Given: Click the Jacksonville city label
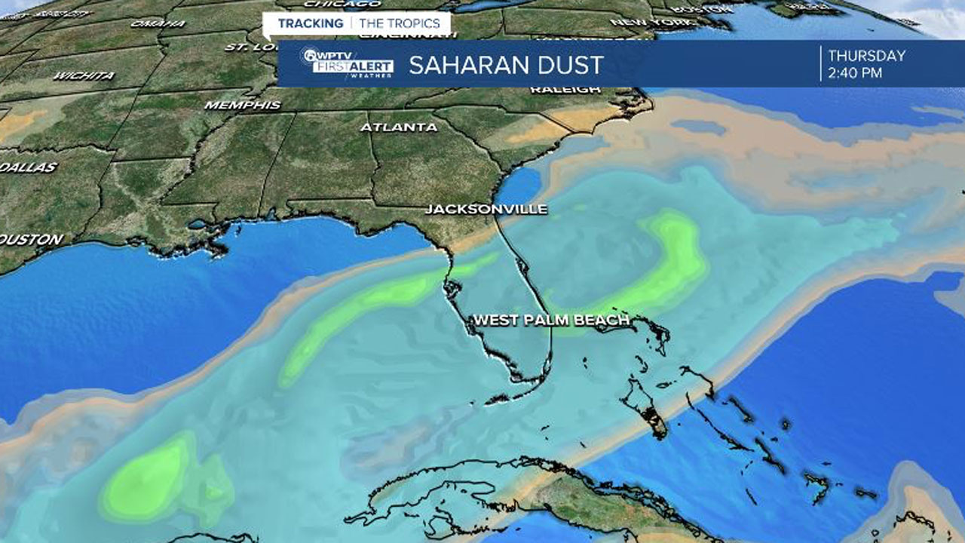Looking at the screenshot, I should coord(486,209).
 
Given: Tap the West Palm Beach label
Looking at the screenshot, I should coord(550,321).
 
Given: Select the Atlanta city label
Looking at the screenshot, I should coord(399,127).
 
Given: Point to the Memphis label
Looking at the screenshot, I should coord(243,105).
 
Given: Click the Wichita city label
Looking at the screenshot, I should coord(84,75).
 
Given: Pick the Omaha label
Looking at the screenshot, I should coord(146,23).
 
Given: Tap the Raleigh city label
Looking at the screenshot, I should coord(565,90).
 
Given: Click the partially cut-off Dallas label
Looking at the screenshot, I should coord(29,167).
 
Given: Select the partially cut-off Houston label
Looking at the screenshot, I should coord(31,239).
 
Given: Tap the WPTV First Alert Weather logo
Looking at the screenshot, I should coord(346,64).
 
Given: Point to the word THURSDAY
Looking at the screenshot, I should coord(866,56).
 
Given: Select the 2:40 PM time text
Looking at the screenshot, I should coord(855,73).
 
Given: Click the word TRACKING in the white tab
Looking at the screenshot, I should coord(310,23).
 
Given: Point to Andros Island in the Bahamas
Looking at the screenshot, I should coord(645,411).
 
